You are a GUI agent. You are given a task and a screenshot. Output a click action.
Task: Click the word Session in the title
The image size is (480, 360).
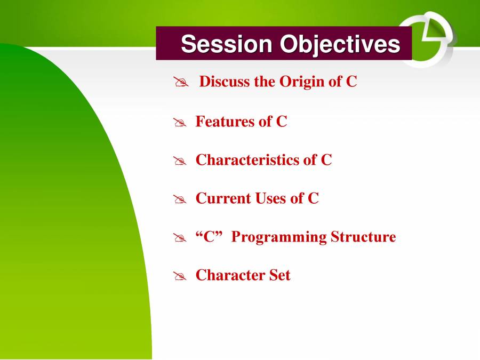[x=227, y=44]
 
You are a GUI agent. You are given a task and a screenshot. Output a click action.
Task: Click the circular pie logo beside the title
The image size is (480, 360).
[x=427, y=39]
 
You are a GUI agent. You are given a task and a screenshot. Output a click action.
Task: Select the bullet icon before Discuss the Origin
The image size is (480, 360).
[x=181, y=82]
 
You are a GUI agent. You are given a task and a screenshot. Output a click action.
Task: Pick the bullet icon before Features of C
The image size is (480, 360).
[x=180, y=123]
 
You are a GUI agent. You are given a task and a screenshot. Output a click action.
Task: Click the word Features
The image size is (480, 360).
[x=225, y=121]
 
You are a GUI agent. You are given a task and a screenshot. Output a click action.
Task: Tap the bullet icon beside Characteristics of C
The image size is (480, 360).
[x=180, y=161]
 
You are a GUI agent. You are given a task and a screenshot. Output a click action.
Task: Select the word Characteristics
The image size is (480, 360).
[x=247, y=160]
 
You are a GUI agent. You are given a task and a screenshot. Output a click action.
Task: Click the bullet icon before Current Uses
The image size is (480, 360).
[x=180, y=199]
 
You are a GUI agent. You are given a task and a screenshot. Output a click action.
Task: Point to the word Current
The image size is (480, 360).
[x=223, y=198]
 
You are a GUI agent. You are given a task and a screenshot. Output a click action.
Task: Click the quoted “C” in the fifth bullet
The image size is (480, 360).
[x=209, y=237]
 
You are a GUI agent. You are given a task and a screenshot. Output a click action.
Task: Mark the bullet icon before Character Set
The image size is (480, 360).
[x=180, y=276]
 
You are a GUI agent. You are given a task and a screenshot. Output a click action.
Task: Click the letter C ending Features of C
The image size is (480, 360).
[x=282, y=121]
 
